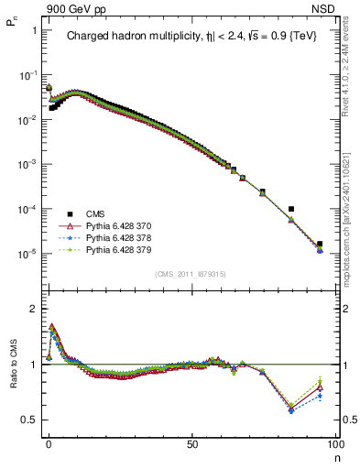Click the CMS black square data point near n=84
(291, 209)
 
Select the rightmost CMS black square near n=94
(320, 245)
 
